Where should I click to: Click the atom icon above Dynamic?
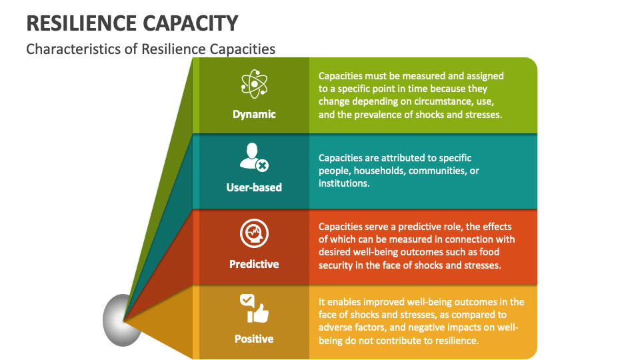(x=254, y=83)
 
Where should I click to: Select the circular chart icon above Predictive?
(x=254, y=234)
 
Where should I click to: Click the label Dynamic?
(x=254, y=114)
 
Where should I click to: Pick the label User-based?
(x=254, y=187)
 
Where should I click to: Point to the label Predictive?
(x=254, y=264)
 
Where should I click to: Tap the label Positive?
(x=254, y=339)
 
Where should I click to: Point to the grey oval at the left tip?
(x=123, y=320)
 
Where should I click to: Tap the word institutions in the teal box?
(x=343, y=183)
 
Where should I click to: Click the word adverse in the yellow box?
(x=336, y=327)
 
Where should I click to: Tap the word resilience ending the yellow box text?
(x=455, y=340)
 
